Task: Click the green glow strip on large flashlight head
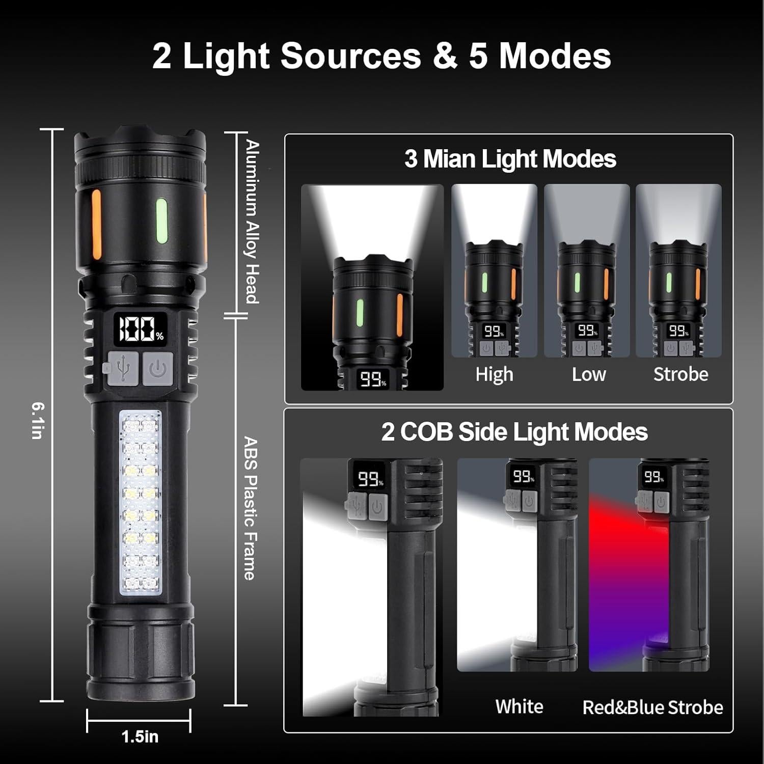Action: (x=161, y=222)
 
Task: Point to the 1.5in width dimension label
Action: (x=140, y=736)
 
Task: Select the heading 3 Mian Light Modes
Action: (x=510, y=158)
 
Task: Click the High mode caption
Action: (x=494, y=374)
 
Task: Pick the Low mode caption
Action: (x=588, y=374)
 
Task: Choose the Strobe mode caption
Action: (x=680, y=374)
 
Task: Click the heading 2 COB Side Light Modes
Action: (x=514, y=432)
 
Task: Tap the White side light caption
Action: (x=519, y=706)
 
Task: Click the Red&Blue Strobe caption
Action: (x=652, y=707)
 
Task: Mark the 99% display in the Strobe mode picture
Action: (x=679, y=331)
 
